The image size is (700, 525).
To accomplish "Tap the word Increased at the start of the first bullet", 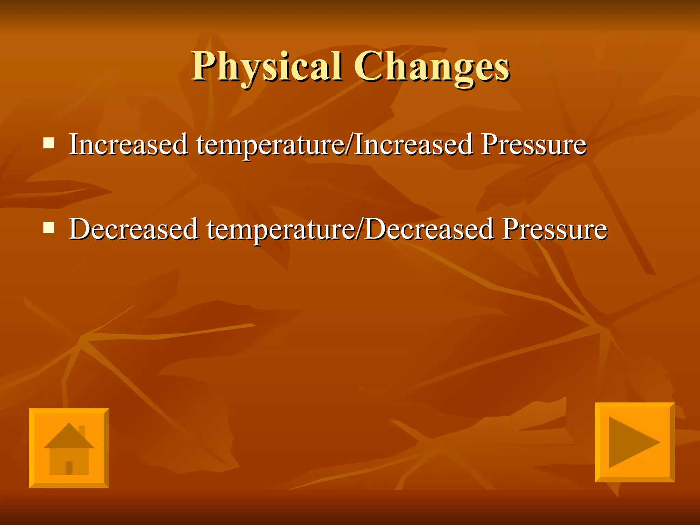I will click(x=128, y=145).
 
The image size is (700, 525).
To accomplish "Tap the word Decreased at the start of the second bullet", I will click(x=133, y=229).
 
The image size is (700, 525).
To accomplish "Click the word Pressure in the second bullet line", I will click(x=555, y=229).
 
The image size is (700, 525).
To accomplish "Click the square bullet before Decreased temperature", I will click(x=49, y=227).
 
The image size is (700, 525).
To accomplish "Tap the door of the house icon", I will click(x=69, y=467).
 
